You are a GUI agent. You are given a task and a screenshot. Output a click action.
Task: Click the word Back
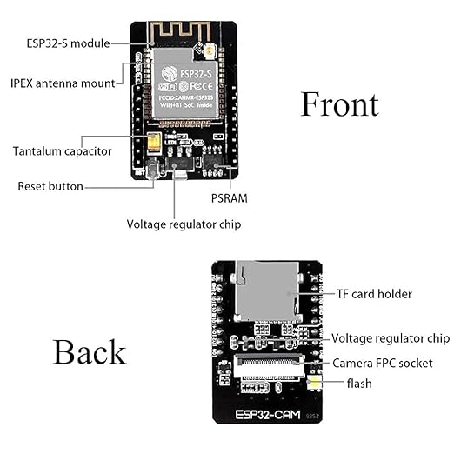89,352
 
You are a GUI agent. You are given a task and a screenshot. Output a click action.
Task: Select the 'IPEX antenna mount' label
62,83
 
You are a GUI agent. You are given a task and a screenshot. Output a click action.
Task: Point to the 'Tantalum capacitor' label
62,151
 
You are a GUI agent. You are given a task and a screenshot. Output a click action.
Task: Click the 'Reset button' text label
50,186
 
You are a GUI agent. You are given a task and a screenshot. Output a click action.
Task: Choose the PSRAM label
230,198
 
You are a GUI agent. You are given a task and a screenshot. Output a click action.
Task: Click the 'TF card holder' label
374,294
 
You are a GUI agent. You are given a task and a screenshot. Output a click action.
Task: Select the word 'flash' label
359,383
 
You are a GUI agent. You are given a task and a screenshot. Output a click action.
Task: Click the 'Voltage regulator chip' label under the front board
184,224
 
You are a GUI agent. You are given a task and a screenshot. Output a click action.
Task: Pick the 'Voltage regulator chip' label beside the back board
391,338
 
